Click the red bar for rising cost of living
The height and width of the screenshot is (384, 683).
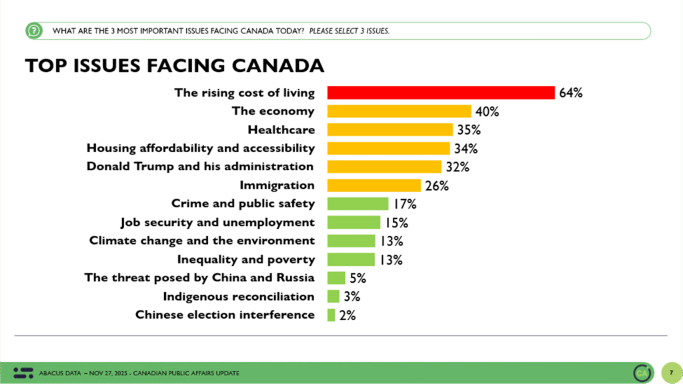[x=441, y=93]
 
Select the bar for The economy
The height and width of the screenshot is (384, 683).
[x=399, y=111]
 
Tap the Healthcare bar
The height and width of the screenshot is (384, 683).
[x=390, y=129]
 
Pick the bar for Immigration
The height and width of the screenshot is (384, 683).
[x=374, y=185]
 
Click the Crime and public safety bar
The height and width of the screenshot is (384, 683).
[x=358, y=203]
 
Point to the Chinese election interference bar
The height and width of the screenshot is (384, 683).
[x=331, y=315]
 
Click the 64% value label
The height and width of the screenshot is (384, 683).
[x=571, y=93]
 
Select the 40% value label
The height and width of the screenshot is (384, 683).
[x=487, y=111]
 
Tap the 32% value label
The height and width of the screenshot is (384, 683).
[x=457, y=167]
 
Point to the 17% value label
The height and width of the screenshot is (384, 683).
[x=404, y=203]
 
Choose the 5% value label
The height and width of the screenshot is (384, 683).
[x=358, y=278]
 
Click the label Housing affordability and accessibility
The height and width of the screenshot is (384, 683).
[x=201, y=147]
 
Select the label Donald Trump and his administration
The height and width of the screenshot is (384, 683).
[x=200, y=166]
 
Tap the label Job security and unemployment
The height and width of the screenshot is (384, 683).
[x=217, y=222]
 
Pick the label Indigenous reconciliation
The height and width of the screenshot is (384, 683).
[x=238, y=296]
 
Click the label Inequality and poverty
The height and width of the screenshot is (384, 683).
[x=245, y=259]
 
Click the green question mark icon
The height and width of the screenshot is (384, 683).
[x=33, y=31]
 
